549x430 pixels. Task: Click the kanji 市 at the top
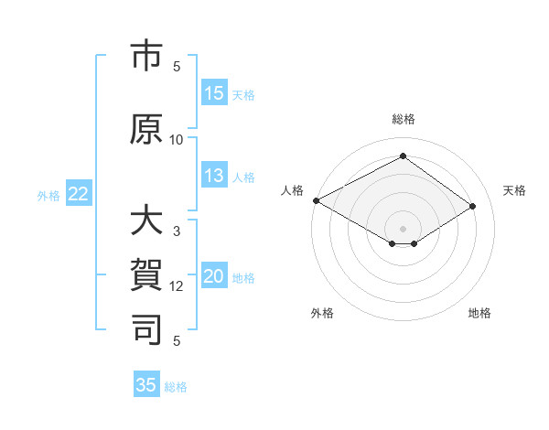pyautogui.click(x=146, y=58)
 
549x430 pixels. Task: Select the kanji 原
pyautogui.click(x=146, y=128)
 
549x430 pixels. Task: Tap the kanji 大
pyautogui.click(x=146, y=222)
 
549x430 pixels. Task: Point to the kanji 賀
pyautogui.click(x=146, y=275)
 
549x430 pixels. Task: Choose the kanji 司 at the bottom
pyautogui.click(x=146, y=328)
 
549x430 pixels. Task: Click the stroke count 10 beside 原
pyautogui.click(x=177, y=139)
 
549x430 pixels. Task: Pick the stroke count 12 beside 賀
pyautogui.click(x=177, y=286)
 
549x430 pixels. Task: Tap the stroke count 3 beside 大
pyautogui.click(x=177, y=232)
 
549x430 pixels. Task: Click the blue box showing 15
pyautogui.click(x=214, y=93)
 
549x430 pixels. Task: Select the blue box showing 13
pyautogui.click(x=214, y=177)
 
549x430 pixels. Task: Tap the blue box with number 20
pyautogui.click(x=214, y=277)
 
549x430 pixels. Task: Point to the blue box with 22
pyautogui.click(x=79, y=194)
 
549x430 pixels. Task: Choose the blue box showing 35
pyautogui.click(x=146, y=385)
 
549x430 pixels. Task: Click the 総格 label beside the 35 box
pyautogui.click(x=176, y=387)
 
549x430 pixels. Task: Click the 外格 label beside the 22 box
pyautogui.click(x=48, y=195)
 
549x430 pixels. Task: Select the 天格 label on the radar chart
pyautogui.click(x=514, y=190)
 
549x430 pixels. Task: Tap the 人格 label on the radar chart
pyautogui.click(x=292, y=190)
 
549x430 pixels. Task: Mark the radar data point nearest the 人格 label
pyautogui.click(x=316, y=200)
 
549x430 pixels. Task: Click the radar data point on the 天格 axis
pyautogui.click(x=473, y=206)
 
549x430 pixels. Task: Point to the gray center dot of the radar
pyautogui.click(x=403, y=227)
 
